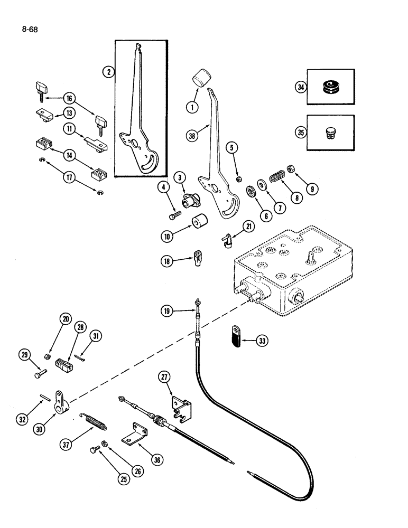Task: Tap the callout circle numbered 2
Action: [x=108, y=72]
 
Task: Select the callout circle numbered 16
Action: [x=84, y=98]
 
